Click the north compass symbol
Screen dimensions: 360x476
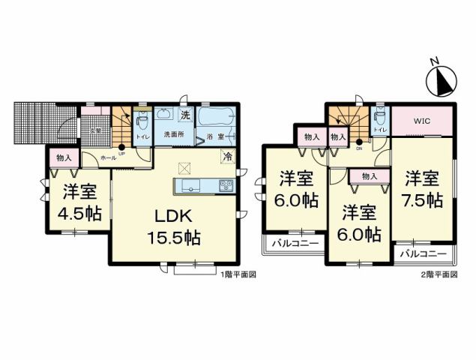[x=440, y=77]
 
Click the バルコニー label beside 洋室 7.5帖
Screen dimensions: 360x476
[x=424, y=253]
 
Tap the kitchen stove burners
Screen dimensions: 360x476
[x=225, y=185]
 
